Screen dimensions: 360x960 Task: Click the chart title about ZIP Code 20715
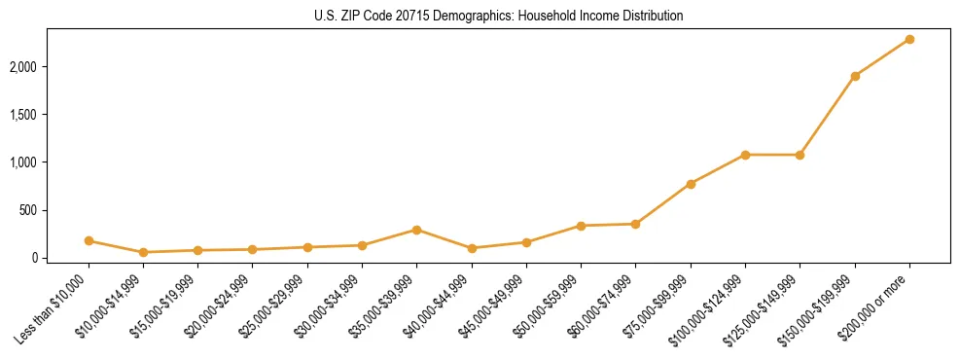[498, 17]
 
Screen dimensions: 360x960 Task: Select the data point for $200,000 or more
[909, 39]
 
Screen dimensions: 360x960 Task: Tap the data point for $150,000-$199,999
[855, 76]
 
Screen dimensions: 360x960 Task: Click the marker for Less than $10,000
[89, 240]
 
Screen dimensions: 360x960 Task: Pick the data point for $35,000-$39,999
[417, 230]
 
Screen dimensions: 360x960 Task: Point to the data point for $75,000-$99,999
[691, 184]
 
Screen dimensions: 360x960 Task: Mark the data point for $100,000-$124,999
[745, 155]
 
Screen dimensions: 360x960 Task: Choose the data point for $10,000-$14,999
[143, 252]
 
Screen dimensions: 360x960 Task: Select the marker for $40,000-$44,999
[472, 248]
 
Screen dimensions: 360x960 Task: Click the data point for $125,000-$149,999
[800, 155]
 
